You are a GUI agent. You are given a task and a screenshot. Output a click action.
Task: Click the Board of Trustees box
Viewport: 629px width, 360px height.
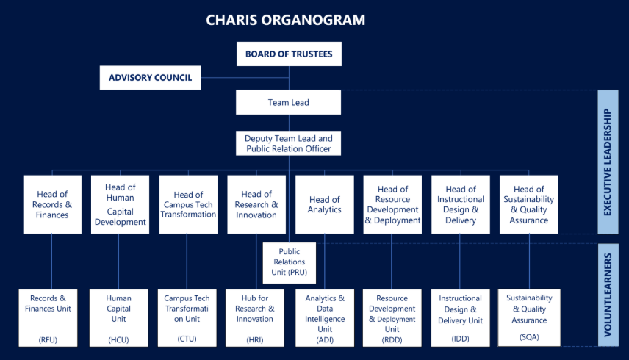pos(289,54)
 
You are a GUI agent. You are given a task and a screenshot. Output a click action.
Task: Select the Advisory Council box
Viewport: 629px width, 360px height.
pos(150,78)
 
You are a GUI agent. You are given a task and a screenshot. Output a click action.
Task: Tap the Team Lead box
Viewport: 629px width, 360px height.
pos(289,103)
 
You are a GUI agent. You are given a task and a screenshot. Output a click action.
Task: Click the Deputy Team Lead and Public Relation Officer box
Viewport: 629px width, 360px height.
pos(289,143)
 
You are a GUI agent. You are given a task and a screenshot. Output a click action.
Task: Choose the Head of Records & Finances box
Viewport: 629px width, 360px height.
pos(51,204)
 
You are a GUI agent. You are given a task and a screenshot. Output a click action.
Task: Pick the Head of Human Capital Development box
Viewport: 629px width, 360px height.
pos(120,204)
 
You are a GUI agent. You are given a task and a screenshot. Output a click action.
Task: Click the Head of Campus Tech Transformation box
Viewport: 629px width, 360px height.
pos(188,204)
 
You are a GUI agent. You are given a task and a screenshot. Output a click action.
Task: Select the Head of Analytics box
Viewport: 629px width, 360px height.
pos(325,204)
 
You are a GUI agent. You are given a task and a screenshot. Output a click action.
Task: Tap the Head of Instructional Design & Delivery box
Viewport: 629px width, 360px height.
pos(461,204)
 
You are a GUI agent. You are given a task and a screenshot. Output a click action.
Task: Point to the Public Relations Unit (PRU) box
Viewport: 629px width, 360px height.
pos(289,262)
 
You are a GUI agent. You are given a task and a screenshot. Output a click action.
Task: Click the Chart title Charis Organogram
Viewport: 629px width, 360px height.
pos(286,20)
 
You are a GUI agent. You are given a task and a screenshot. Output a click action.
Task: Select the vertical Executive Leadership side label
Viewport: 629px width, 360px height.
pos(607,162)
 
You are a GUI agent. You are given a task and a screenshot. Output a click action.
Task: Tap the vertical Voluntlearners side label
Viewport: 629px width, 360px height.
pos(607,295)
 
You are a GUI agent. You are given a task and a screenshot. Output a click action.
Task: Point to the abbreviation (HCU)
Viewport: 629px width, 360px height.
pos(118,339)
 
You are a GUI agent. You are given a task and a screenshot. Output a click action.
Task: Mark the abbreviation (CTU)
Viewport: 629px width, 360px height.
pos(187,339)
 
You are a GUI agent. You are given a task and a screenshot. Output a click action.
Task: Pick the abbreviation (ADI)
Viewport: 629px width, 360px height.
pos(325,339)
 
